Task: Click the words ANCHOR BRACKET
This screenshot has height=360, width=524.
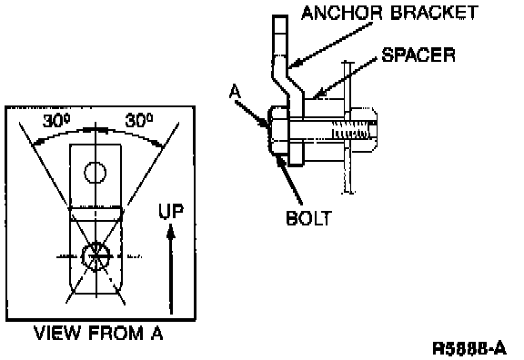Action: tap(389, 13)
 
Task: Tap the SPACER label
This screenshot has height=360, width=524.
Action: tap(418, 55)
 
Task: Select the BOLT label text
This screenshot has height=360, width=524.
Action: tap(309, 218)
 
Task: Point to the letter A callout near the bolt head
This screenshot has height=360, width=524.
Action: tap(235, 92)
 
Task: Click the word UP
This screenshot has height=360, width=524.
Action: tap(171, 211)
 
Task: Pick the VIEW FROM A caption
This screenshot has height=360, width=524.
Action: tap(98, 333)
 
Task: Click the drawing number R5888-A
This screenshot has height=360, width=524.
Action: tap(469, 349)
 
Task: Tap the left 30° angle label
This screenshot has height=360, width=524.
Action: tap(56, 121)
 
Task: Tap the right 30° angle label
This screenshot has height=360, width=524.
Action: tap(139, 120)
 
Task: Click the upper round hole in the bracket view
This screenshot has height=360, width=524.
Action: tap(96, 173)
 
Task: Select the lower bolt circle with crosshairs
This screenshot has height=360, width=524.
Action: tap(96, 256)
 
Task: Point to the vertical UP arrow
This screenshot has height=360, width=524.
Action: tap(171, 269)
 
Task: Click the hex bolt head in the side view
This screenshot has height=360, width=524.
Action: tap(278, 131)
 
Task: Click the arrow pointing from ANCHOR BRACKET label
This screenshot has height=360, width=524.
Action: tap(330, 45)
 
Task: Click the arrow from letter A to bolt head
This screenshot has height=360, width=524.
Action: tap(252, 115)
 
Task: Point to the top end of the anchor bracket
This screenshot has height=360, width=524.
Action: tap(280, 16)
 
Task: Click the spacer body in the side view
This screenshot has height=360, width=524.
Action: tap(324, 130)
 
